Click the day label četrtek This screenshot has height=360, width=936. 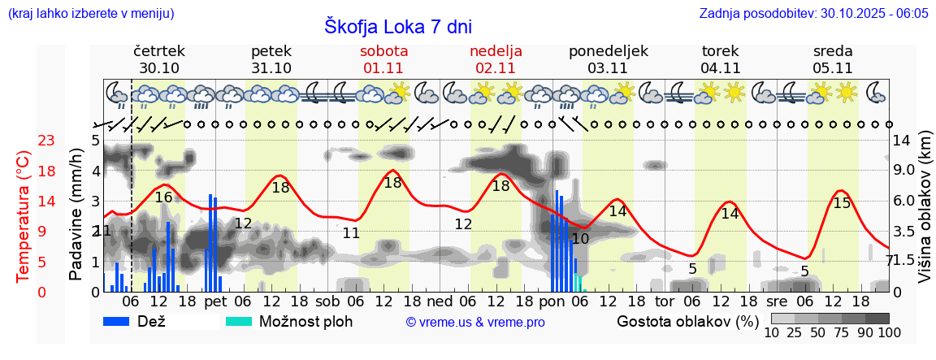[159, 50]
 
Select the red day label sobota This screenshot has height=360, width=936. [384, 50]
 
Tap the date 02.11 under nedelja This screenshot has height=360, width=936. [496, 68]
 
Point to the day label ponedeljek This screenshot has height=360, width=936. [608, 50]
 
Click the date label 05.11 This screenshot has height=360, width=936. [832, 68]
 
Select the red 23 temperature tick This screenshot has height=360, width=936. [46, 141]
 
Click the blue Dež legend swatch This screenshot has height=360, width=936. [122, 321]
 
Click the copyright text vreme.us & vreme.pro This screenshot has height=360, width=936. [475, 323]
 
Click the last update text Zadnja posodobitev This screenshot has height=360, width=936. [813, 14]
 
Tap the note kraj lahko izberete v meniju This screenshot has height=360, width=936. [91, 14]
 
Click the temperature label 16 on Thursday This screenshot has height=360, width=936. [163, 197]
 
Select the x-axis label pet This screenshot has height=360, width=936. [215, 301]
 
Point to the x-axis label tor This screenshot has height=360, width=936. [665, 301]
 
